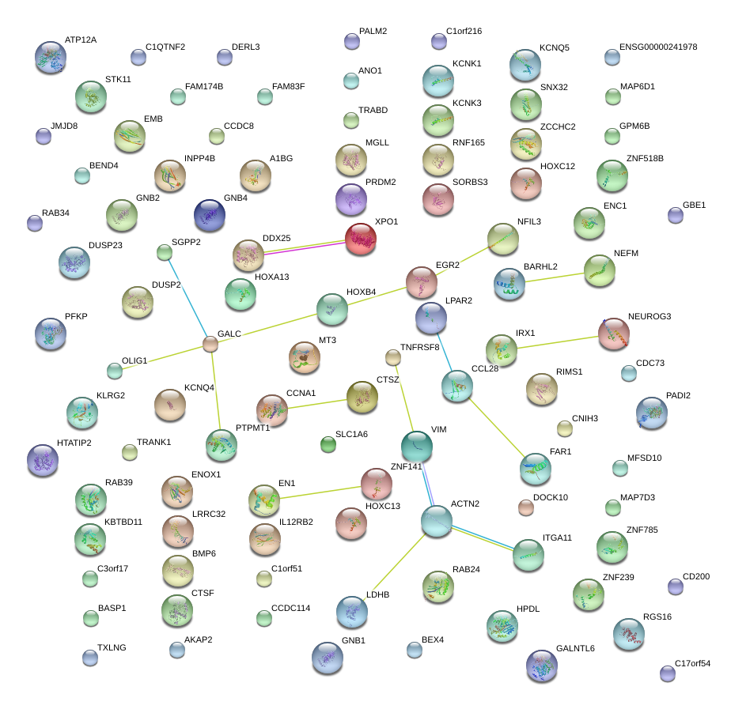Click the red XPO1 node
tap(361, 239)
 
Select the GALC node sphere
tap(210, 344)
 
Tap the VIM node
tap(416, 447)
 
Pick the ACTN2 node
tap(436, 521)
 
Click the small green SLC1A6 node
tap(328, 444)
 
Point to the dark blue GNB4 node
tap(210, 215)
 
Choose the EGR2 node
tap(422, 281)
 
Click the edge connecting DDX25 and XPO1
tap(305, 247)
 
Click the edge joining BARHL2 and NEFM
tap(554, 277)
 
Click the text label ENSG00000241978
tap(658, 47)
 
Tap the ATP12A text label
tap(81, 40)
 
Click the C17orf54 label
tap(692, 664)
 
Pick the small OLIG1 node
tap(115, 370)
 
